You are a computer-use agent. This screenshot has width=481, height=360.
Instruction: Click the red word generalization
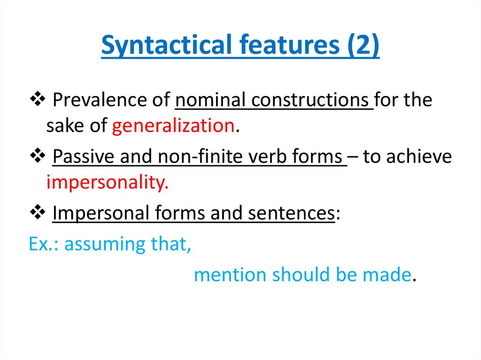coord(173,126)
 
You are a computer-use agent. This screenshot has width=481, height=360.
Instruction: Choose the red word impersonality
coord(107,183)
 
